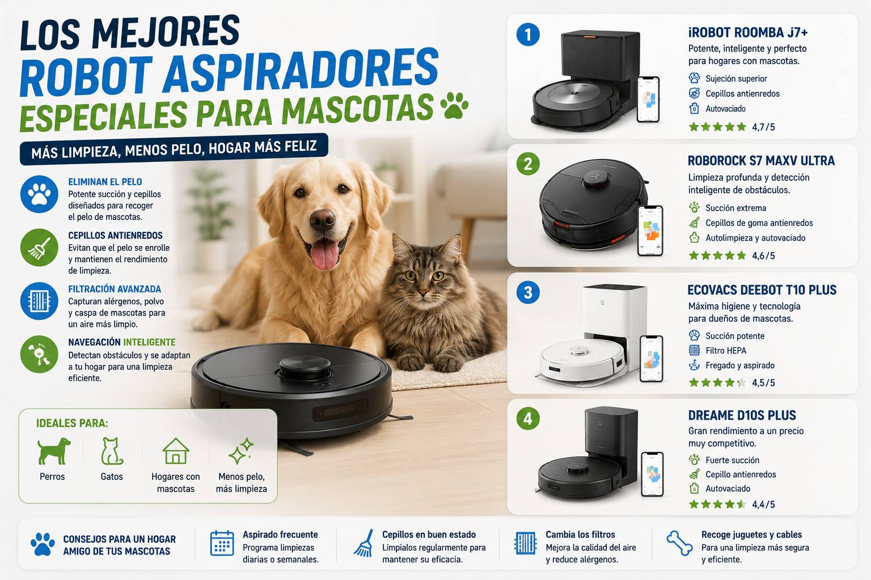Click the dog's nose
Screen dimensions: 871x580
tap(322, 220)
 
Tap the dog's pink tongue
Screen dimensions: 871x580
tap(324, 254)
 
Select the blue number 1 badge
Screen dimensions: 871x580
tap(528, 35)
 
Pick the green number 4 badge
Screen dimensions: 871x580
tap(528, 419)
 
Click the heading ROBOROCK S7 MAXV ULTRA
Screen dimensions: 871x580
tap(761, 160)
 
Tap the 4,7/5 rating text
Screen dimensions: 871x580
tap(763, 127)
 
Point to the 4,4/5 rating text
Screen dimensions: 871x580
tap(763, 504)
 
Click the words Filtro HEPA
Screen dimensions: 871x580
tap(726, 351)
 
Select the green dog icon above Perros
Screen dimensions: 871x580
tap(54, 451)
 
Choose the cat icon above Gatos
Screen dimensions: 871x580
tap(112, 451)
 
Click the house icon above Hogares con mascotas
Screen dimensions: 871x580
tap(176, 451)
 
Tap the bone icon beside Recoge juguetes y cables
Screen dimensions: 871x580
tap(679, 543)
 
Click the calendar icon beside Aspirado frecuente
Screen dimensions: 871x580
tap(222, 543)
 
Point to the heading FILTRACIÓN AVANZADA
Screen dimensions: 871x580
tap(115, 289)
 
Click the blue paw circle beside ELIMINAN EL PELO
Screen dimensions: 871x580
tap(39, 194)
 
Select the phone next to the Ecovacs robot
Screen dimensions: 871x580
tap(652, 359)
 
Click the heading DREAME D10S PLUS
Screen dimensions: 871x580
tap(742, 415)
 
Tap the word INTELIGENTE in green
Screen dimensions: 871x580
tap(149, 342)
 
